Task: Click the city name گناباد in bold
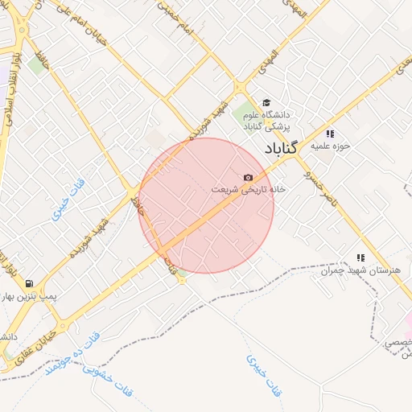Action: (x=280, y=148)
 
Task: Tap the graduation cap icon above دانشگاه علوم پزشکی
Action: (x=266, y=101)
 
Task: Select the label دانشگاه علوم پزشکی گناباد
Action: (x=277, y=122)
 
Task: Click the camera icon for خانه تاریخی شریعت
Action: (x=248, y=177)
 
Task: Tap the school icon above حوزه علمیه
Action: (x=328, y=134)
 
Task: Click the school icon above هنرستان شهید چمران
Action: (x=360, y=257)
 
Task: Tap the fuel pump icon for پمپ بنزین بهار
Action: (x=30, y=283)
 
